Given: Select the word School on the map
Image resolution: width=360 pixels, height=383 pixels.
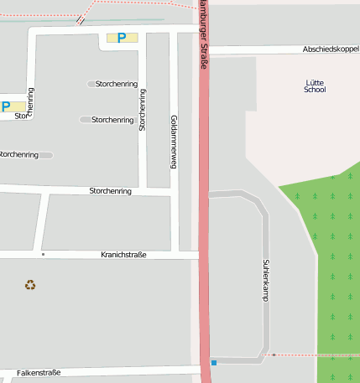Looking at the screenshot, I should (x=315, y=89).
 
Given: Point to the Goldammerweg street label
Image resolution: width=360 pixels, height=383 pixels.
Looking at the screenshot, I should (x=174, y=142).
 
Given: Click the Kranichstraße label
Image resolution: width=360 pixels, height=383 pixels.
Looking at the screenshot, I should (x=123, y=254).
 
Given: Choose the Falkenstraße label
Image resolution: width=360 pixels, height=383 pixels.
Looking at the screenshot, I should (x=39, y=372).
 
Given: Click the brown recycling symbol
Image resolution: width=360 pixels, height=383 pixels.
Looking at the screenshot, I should (x=30, y=285).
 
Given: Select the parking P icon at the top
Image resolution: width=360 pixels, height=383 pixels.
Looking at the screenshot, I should (x=122, y=37).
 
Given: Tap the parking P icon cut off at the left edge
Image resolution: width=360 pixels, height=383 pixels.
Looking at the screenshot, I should (x=6, y=106).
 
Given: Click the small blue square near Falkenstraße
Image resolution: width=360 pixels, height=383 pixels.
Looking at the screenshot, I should (x=214, y=362).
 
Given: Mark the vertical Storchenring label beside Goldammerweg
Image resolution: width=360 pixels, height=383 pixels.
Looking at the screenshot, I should (x=143, y=110).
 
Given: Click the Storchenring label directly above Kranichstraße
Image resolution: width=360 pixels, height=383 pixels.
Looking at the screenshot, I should (x=111, y=192).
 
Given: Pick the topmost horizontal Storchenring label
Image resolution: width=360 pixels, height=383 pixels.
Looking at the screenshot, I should (x=117, y=84).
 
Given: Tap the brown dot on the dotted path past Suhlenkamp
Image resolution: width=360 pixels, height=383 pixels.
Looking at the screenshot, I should (x=274, y=355).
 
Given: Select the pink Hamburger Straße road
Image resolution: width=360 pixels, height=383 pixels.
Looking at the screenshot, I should (x=204, y=210).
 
